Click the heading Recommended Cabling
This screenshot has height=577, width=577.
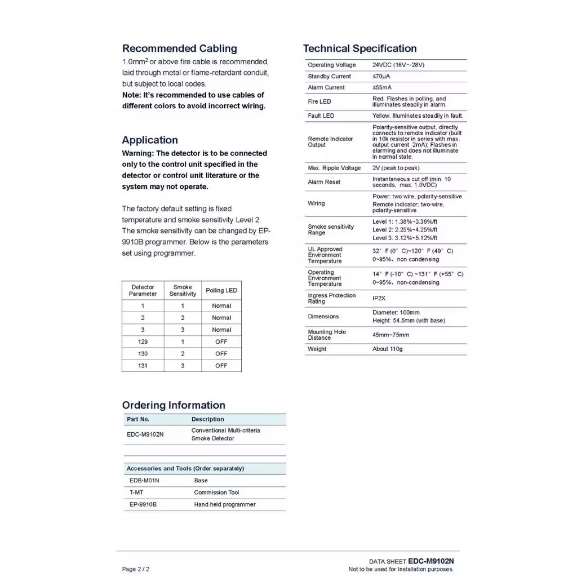point(179,48)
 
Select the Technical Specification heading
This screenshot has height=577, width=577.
point(359,48)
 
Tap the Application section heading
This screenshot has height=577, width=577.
point(150,140)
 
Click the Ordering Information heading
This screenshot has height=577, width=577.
point(174,405)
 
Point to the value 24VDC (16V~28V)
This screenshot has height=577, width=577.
point(398,65)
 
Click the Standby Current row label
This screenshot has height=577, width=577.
point(329,77)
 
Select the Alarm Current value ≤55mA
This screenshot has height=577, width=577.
point(382,88)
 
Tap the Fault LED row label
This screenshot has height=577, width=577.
point(321,116)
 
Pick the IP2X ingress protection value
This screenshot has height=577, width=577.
point(379,299)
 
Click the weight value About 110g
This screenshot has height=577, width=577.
point(387,349)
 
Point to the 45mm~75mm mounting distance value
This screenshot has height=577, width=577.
point(390,335)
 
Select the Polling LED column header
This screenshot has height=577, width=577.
point(221,291)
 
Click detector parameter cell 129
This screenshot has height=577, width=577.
point(143,342)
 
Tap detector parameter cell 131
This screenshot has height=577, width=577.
point(143,366)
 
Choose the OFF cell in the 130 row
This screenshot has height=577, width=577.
point(221,354)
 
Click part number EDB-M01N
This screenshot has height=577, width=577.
point(144,481)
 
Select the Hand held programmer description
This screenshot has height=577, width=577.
point(224,505)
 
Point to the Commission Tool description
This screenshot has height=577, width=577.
point(216,492)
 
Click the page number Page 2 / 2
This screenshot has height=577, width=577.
point(136,569)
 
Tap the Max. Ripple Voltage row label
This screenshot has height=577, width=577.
point(334,168)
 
